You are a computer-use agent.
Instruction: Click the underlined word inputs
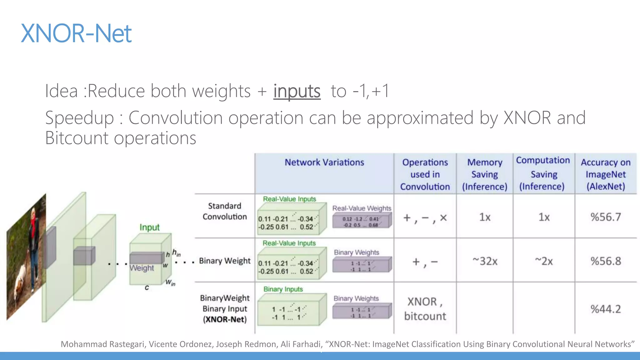(297, 91)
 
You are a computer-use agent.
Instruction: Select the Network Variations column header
(324, 162)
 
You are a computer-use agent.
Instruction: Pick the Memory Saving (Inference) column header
(485, 174)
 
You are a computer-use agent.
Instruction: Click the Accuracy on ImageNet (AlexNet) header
(606, 174)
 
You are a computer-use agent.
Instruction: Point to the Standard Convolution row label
(225, 211)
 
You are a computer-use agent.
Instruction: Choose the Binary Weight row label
(225, 261)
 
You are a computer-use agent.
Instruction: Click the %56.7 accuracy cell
(606, 217)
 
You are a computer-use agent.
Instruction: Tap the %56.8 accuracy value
(606, 261)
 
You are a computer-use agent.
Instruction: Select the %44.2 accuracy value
(606, 309)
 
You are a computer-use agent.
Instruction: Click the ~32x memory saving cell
(485, 261)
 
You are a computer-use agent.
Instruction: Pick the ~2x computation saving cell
(544, 261)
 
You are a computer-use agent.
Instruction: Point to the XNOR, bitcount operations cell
(425, 309)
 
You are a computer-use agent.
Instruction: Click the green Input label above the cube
(149, 227)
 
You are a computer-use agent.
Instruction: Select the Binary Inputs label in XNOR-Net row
(283, 289)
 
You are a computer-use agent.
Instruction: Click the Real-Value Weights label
(362, 208)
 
